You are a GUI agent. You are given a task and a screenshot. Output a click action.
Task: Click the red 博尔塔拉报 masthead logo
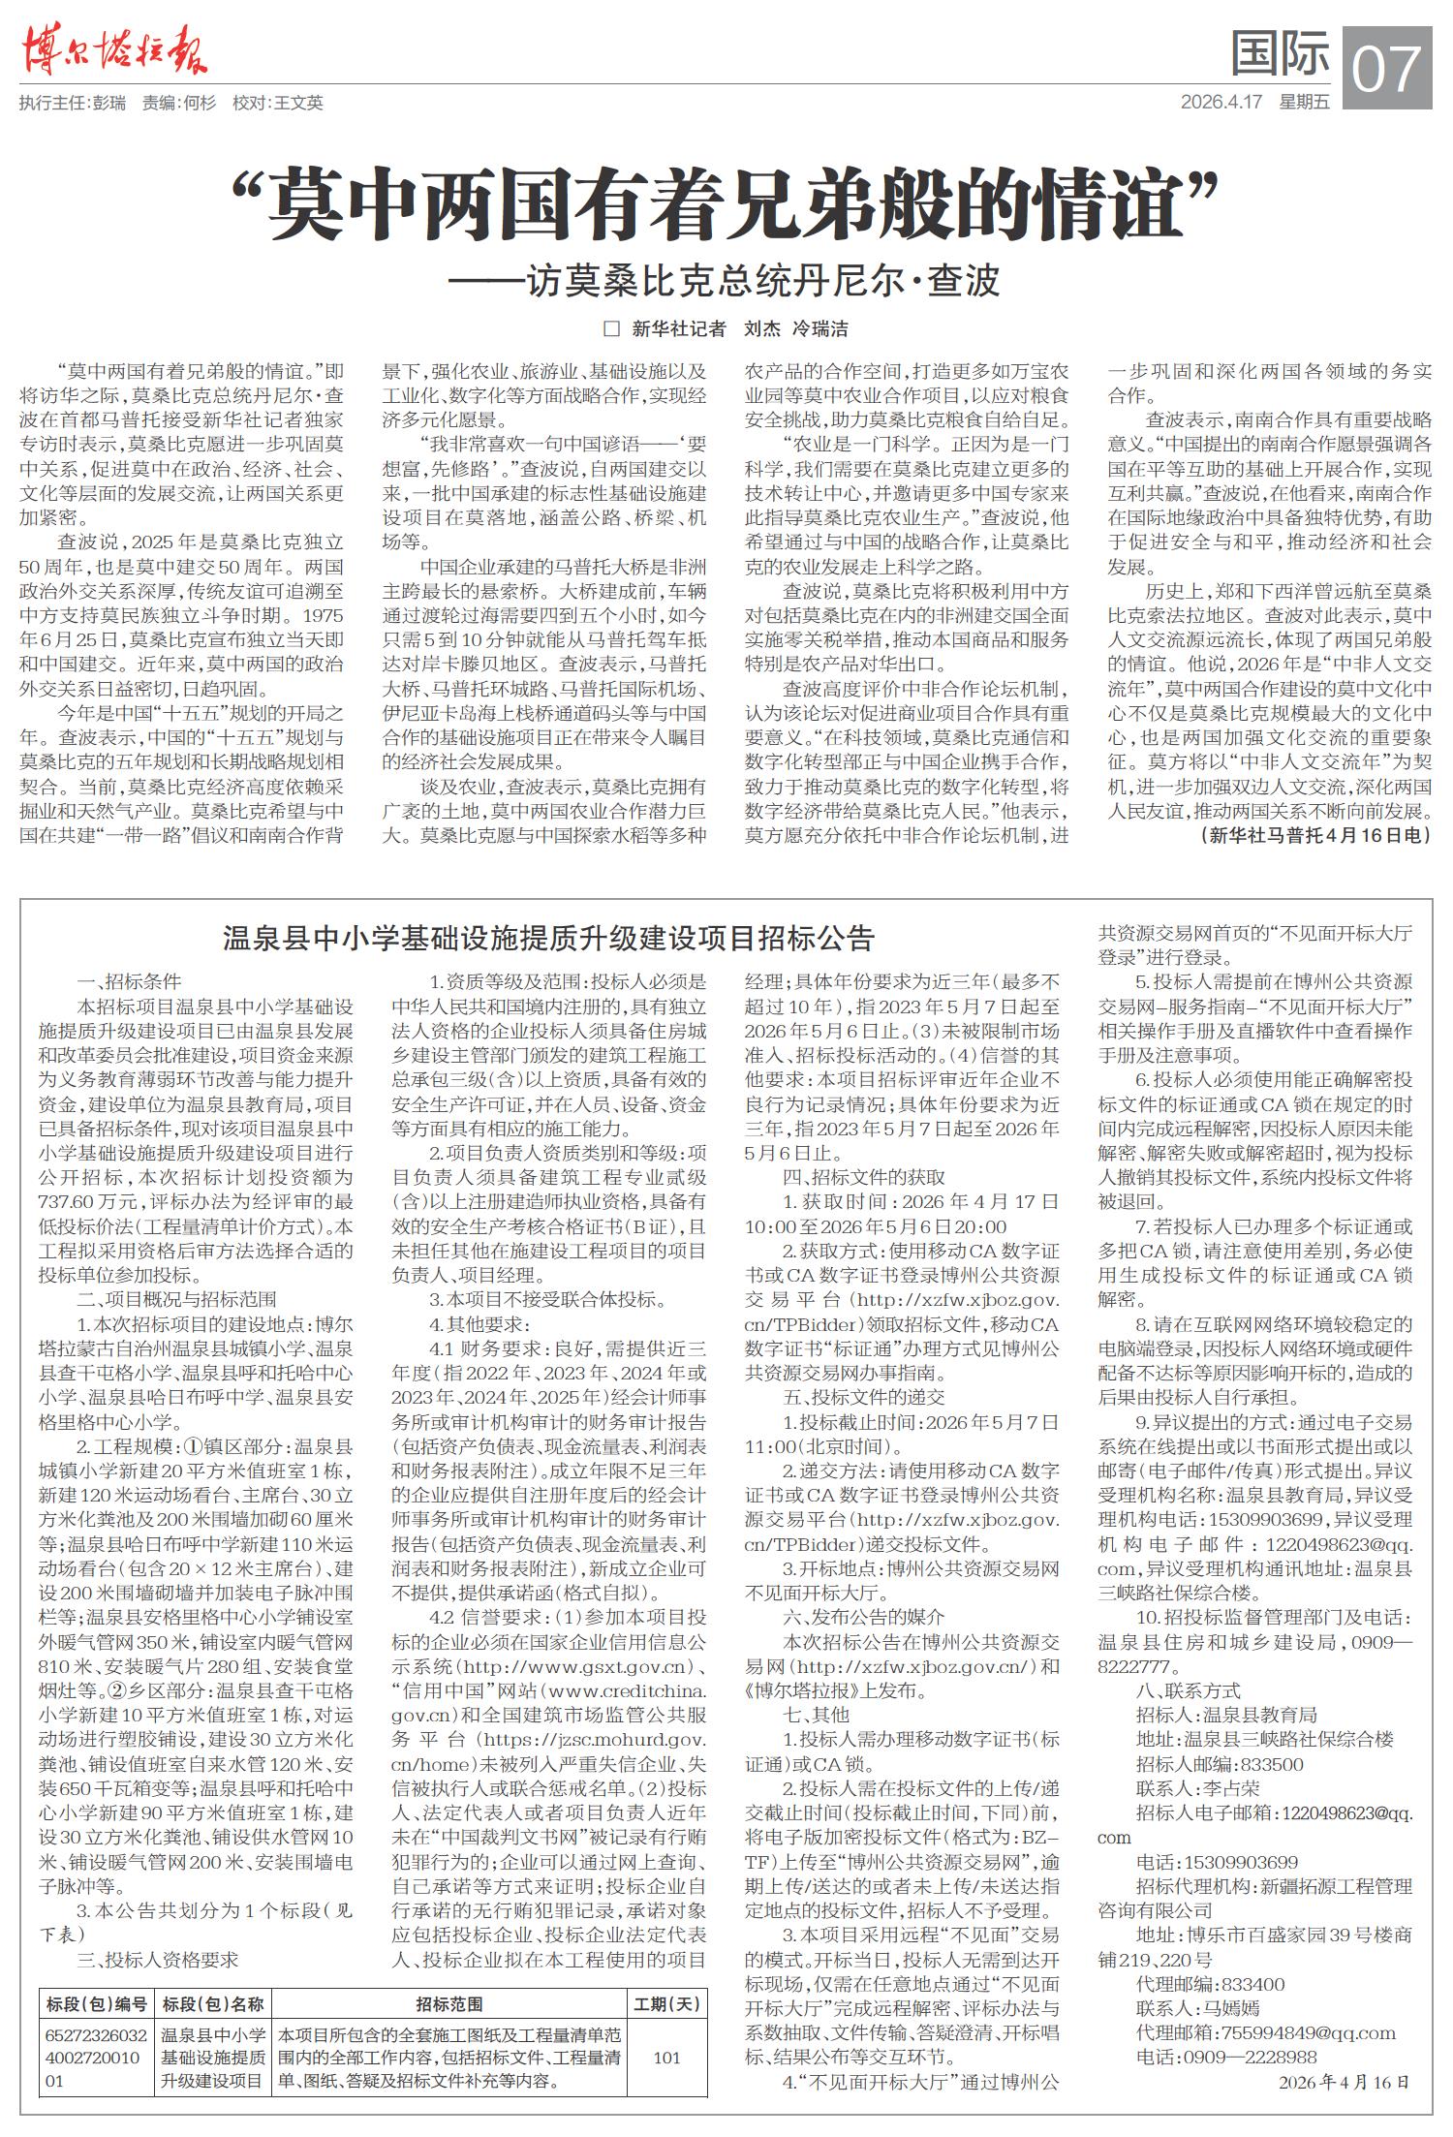(x=113, y=48)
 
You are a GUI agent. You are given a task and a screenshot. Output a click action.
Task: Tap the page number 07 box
(x=1387, y=68)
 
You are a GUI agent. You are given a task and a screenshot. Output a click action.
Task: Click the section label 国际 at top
(x=1280, y=53)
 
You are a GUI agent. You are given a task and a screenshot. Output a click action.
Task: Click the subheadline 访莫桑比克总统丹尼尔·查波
(x=724, y=281)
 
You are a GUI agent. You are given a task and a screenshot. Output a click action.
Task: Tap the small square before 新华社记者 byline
(x=611, y=329)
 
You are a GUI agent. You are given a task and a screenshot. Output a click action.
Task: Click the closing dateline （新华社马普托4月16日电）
(x=1315, y=835)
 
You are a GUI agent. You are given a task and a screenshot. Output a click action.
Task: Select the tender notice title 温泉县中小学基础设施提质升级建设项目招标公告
(x=548, y=938)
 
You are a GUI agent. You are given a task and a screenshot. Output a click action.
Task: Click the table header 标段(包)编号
(x=96, y=2003)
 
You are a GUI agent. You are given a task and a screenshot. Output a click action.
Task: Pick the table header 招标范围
(x=449, y=2003)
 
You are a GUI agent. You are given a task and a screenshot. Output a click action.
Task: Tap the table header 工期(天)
(x=666, y=2003)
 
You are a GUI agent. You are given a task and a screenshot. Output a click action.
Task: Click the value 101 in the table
(x=666, y=2057)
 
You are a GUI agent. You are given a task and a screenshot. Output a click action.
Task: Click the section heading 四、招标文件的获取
(x=863, y=1177)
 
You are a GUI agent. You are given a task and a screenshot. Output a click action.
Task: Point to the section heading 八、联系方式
(x=1188, y=1690)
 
